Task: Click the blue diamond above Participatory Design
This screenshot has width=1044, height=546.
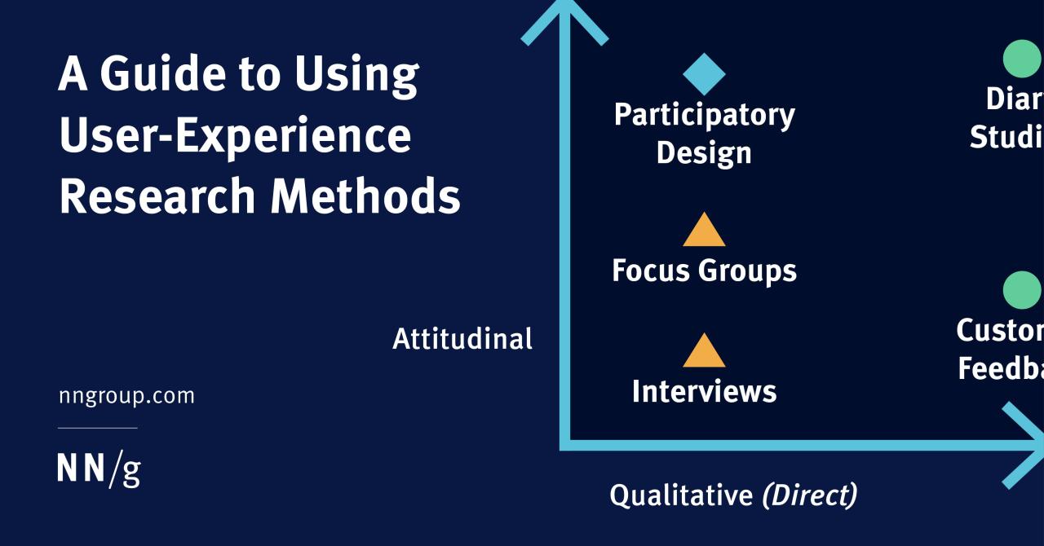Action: tap(704, 74)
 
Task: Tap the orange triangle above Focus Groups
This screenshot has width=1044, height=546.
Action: tap(704, 231)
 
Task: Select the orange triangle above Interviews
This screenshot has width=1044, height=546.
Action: tap(704, 352)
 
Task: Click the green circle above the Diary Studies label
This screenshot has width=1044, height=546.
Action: tap(1022, 59)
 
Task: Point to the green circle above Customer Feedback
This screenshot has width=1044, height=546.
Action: tap(1022, 291)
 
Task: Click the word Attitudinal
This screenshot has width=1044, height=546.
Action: tap(462, 338)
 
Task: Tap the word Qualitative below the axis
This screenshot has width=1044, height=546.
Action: tap(681, 495)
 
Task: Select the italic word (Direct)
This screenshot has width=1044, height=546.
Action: tap(809, 495)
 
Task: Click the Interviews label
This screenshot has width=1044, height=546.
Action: tap(704, 391)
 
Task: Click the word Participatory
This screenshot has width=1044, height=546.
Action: tap(704, 115)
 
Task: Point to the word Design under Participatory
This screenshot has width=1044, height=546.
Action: tap(704, 152)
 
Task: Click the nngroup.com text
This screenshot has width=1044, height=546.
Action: tap(126, 396)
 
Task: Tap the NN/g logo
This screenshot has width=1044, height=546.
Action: tap(99, 469)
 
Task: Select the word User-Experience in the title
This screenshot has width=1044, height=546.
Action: tap(235, 135)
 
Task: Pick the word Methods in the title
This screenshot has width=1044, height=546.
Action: tap(365, 196)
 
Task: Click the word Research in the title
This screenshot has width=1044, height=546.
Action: tap(157, 196)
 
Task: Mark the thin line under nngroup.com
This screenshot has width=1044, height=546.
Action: tap(97, 428)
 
